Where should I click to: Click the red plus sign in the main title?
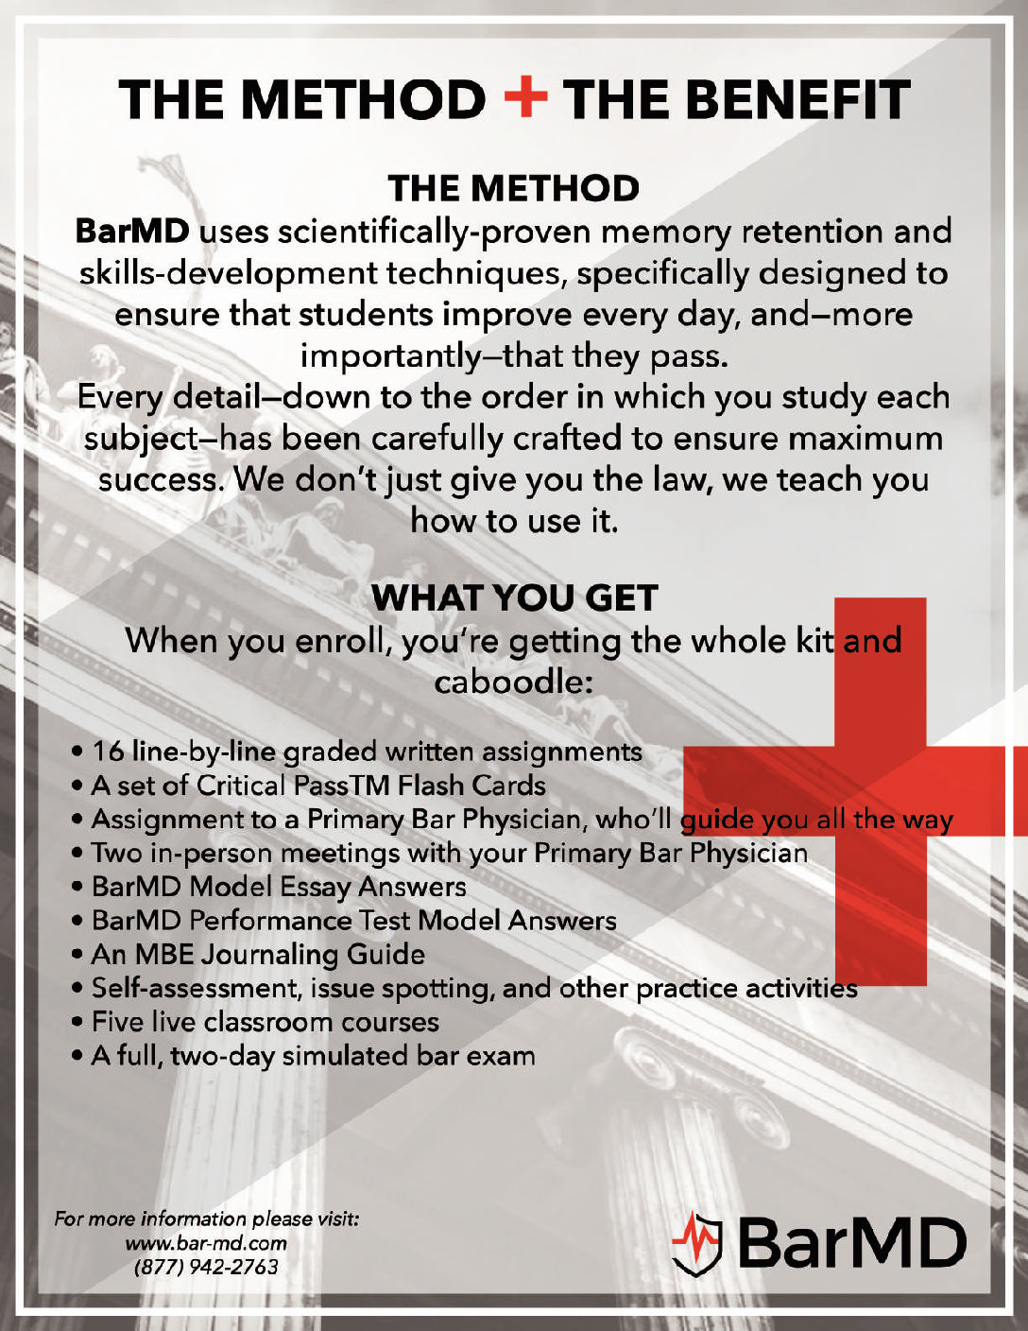[x=525, y=99]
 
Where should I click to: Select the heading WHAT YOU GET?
[x=514, y=597]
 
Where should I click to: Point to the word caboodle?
[x=512, y=681]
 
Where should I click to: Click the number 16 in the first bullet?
[x=108, y=752]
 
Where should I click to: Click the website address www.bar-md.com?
[x=206, y=1243]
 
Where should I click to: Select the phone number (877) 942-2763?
[x=206, y=1267]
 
